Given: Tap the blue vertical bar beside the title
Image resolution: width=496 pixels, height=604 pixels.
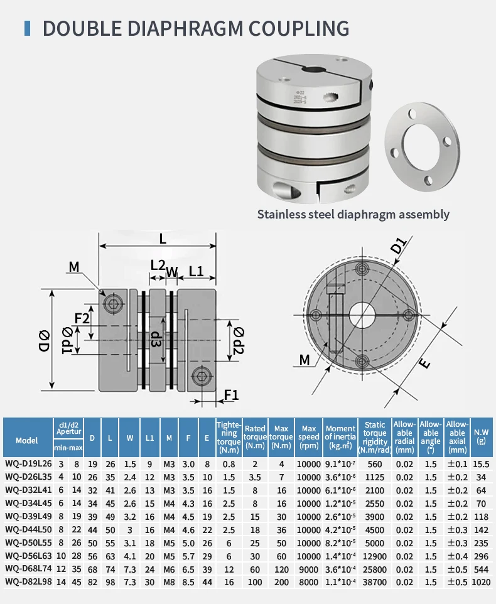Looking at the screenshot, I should (x=27, y=28).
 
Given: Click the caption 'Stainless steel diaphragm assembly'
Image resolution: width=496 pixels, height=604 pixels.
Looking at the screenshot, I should (x=353, y=214).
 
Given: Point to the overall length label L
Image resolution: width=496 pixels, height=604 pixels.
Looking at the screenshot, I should (x=163, y=238).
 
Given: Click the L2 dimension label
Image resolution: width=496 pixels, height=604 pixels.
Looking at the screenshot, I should (x=158, y=265).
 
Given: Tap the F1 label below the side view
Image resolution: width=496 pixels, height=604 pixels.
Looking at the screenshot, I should (x=231, y=394).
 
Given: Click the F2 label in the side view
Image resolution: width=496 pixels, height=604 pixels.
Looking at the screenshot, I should (x=82, y=318).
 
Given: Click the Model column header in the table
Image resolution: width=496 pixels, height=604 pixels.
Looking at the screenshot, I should (x=27, y=440).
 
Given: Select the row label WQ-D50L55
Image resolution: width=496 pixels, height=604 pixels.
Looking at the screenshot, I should (x=27, y=542).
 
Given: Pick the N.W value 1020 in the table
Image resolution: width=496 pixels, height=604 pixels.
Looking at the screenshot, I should (x=481, y=581).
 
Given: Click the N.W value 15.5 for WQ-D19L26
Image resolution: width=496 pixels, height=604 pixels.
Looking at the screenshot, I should (x=481, y=463).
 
